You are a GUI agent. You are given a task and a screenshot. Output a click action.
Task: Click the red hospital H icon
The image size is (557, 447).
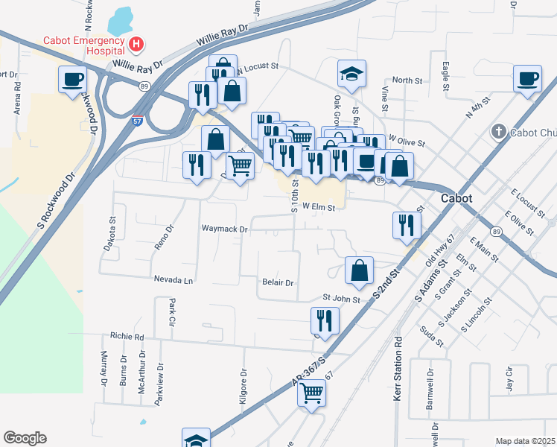click(136, 45)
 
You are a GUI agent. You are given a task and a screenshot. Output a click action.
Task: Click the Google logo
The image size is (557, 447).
click(25, 438)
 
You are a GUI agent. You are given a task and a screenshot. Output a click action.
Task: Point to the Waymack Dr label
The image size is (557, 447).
click(223, 229)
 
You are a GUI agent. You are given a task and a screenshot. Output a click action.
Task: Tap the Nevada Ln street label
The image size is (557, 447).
click(174, 281)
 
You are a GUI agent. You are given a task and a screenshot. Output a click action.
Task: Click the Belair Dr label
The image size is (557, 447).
click(278, 283)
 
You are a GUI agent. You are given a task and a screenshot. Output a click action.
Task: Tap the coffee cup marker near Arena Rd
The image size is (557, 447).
click(73, 79)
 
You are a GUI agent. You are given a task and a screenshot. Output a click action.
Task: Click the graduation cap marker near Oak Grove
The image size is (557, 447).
click(352, 74)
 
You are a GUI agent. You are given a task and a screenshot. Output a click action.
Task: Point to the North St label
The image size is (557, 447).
click(407, 80)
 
